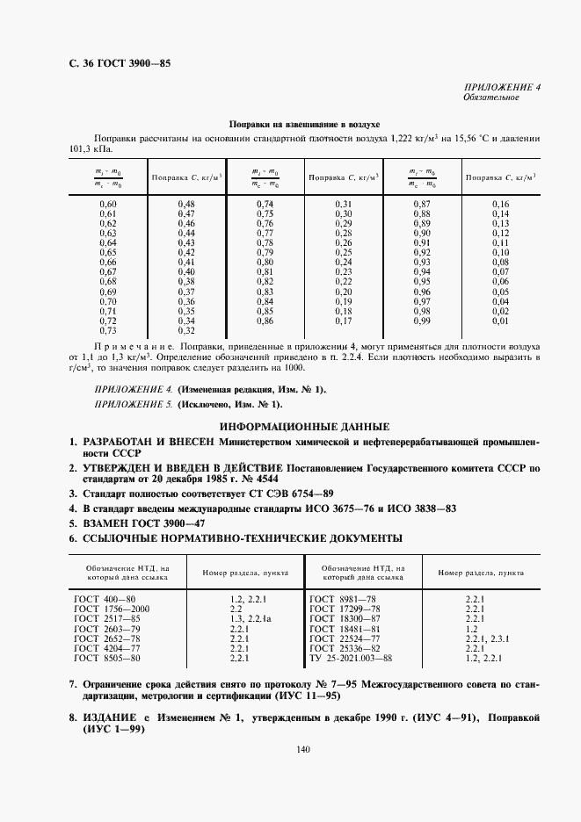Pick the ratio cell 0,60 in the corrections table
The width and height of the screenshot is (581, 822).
108,204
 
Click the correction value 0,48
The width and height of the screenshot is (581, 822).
185,204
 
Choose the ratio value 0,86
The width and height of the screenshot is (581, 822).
265,321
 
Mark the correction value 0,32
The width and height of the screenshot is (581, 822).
185,330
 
